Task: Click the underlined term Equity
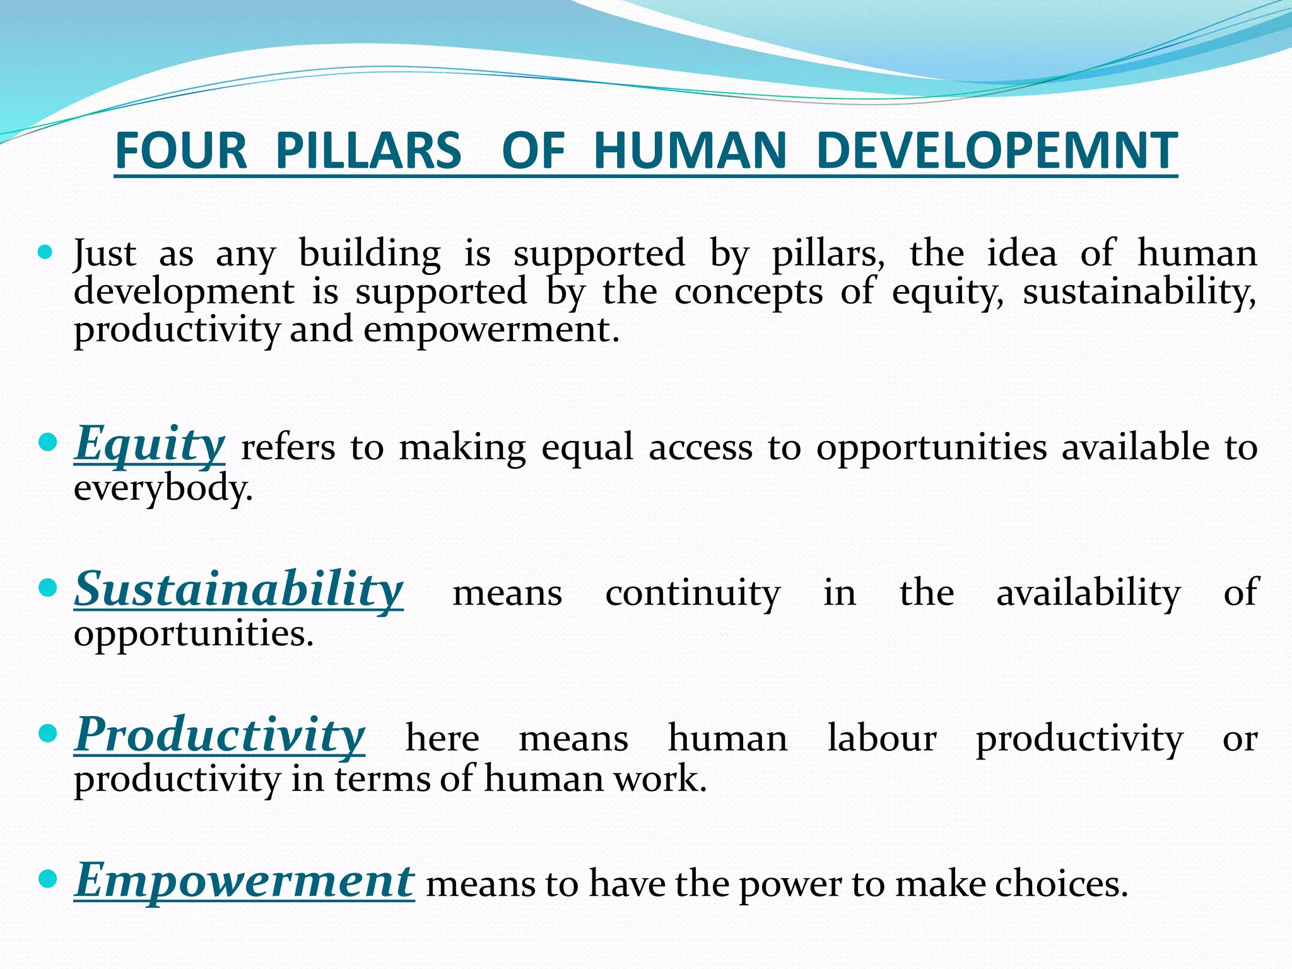pos(150,444)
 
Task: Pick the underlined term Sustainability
pos(238,589)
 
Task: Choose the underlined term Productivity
pos(220,735)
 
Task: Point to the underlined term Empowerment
pos(244,881)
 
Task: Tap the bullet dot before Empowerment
pos(47,878)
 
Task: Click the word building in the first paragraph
pos(370,254)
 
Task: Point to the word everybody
pos(163,488)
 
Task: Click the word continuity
pos(693,593)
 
